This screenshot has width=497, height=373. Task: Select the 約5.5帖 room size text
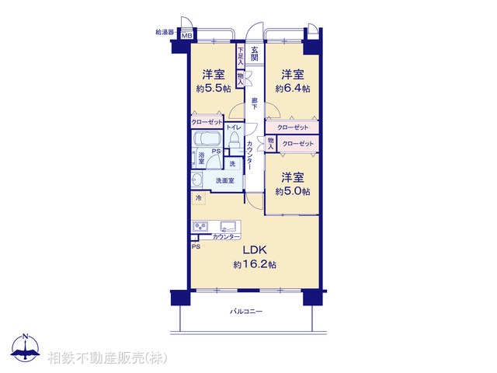click(214, 89)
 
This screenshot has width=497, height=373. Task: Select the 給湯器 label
click(165, 33)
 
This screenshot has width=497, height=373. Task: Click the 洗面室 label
click(224, 180)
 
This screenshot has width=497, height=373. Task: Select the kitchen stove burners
click(201, 227)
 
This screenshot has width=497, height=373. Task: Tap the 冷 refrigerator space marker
click(199, 199)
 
